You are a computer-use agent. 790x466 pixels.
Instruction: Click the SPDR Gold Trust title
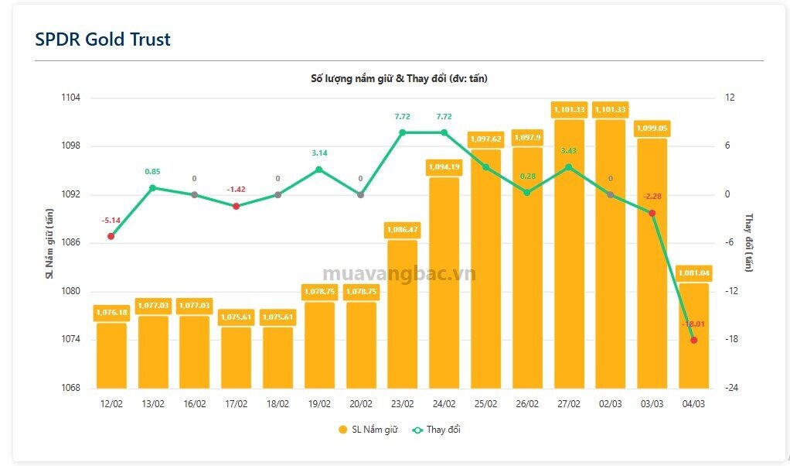(103, 39)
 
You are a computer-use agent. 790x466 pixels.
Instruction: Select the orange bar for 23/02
(403, 314)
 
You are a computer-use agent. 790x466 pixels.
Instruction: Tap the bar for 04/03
(694, 336)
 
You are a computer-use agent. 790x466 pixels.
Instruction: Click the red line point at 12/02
(111, 236)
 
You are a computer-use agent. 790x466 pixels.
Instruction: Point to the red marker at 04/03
(694, 340)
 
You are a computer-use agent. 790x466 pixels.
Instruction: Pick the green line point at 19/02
(319, 170)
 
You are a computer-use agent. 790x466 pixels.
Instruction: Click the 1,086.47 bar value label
(403, 230)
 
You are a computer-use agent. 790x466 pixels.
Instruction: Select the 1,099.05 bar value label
(652, 128)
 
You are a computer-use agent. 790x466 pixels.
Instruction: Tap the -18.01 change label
(693, 324)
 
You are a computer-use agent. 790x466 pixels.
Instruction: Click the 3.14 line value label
(319, 152)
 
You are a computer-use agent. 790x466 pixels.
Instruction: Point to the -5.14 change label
(111, 221)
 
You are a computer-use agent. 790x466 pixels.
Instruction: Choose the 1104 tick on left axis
(70, 98)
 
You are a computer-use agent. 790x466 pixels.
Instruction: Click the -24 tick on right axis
(731, 388)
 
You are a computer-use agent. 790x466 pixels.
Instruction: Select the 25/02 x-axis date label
(485, 404)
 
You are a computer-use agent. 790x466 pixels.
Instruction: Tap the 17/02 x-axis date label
(236, 404)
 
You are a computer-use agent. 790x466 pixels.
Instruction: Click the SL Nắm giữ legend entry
(368, 430)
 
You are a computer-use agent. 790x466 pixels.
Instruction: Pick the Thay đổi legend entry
(436, 430)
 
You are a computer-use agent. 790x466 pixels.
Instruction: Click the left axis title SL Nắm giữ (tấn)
(49, 244)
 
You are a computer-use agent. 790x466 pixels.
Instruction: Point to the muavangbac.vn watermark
(399, 274)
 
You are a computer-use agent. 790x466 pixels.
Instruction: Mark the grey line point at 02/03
(611, 194)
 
